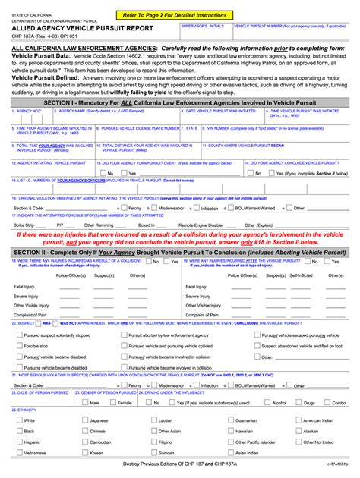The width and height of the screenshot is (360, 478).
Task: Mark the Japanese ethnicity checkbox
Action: pos(85,420)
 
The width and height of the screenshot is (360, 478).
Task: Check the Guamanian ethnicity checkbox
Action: pos(230,420)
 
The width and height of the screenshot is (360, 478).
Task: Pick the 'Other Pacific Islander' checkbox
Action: pos(230,442)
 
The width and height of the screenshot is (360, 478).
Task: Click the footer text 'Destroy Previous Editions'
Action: pos(159,464)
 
